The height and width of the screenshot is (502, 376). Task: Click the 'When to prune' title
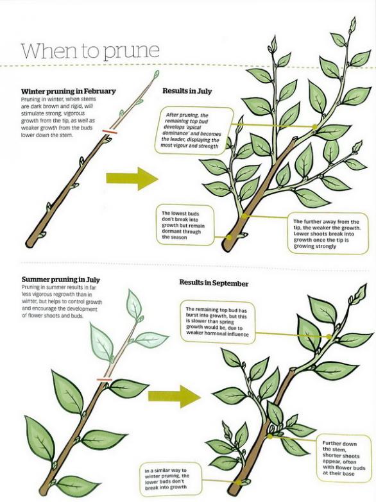point(90,51)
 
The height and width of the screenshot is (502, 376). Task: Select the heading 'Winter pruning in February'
point(68,91)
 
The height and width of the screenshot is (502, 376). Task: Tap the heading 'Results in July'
point(187,91)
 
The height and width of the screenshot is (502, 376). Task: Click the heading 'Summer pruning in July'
point(61,280)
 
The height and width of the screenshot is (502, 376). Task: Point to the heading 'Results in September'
point(214,283)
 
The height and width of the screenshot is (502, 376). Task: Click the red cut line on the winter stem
point(110,131)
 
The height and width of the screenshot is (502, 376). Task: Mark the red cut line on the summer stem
point(105,380)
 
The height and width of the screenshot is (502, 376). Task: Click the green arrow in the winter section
point(132,179)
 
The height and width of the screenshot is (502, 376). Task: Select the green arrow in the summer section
point(175,396)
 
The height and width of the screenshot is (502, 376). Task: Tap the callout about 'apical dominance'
point(194,130)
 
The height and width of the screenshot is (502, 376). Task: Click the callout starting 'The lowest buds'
point(185,226)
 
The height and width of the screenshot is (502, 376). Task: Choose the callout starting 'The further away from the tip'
point(327,234)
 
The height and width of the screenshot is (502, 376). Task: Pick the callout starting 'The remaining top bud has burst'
point(218,322)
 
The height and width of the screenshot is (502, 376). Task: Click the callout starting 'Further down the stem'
point(344,458)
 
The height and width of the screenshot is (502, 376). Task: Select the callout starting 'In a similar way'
point(171,480)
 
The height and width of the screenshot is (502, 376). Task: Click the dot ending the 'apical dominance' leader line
point(315,127)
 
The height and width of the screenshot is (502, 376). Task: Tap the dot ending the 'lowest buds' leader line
point(229,237)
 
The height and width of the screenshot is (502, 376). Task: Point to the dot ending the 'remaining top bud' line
point(329,337)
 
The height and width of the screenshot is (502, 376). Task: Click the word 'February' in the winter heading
point(99,91)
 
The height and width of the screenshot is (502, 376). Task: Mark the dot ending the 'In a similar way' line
point(239,482)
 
